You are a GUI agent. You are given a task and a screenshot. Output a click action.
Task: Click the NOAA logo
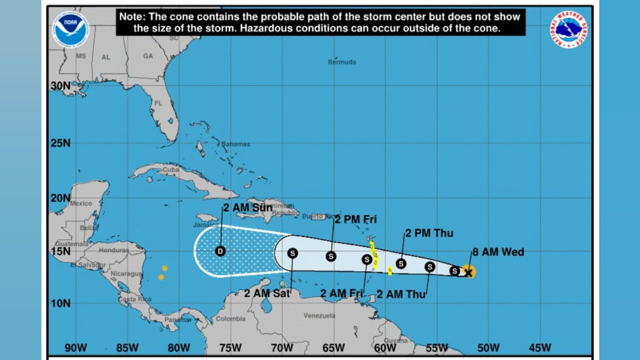click(71, 29)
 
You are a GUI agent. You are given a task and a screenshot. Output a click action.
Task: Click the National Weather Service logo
click(569, 30)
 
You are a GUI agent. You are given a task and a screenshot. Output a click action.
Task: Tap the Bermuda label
click(342, 62)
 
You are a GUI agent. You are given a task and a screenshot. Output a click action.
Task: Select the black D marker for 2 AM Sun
click(220, 251)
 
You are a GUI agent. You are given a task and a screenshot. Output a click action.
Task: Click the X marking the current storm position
click(468, 272)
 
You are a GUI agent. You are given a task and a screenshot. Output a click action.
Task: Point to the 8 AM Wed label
click(498, 252)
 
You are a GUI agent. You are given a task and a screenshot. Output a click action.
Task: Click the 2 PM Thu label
click(429, 233)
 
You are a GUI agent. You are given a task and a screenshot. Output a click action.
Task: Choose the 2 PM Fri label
click(355, 219)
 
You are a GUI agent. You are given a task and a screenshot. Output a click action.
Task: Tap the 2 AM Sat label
click(267, 293)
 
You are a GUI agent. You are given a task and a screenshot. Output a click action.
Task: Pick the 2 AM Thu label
click(401, 294)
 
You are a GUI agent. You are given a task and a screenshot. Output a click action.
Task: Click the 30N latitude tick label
click(60, 86)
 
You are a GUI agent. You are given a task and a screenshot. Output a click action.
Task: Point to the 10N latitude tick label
click(60, 303)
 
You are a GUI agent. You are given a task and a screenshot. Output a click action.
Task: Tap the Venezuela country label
click(319, 315)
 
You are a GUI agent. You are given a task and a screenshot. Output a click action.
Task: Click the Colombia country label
click(230, 318)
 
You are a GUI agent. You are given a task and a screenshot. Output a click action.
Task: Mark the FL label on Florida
click(158, 103)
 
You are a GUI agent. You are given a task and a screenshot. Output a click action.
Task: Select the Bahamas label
click(235, 144)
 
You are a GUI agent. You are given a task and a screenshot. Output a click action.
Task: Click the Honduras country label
click(113, 249)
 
